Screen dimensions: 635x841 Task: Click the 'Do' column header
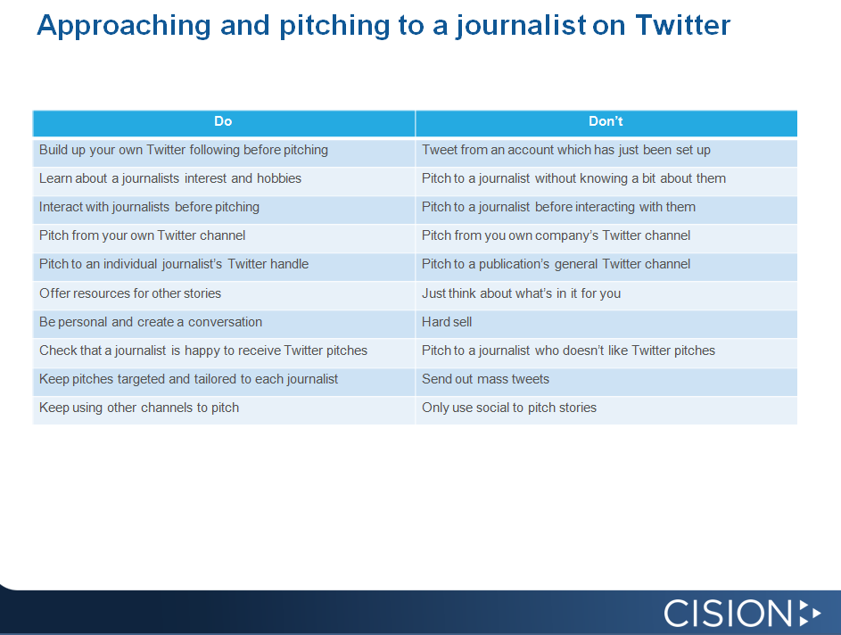click(x=223, y=121)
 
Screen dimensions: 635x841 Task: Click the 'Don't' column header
click(x=606, y=121)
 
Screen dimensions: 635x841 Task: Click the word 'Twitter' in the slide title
click(x=682, y=25)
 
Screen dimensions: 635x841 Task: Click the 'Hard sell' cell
click(x=447, y=322)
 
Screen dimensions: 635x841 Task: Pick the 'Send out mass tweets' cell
click(x=485, y=379)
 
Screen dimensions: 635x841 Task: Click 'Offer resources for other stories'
click(x=130, y=293)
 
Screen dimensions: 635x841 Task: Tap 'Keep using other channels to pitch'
click(x=139, y=408)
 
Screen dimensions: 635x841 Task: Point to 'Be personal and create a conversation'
click(x=151, y=322)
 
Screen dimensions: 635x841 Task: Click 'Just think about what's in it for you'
click(x=521, y=293)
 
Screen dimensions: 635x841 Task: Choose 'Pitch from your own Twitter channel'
click(x=142, y=235)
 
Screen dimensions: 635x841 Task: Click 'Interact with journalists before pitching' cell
click(x=149, y=207)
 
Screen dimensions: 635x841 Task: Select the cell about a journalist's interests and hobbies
click(x=170, y=178)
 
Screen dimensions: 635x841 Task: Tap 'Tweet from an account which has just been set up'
click(x=566, y=150)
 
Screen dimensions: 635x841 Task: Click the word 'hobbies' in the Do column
click(x=279, y=178)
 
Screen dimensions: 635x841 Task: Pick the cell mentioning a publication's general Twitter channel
click(x=556, y=264)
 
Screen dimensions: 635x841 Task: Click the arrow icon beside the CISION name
click(x=810, y=613)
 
